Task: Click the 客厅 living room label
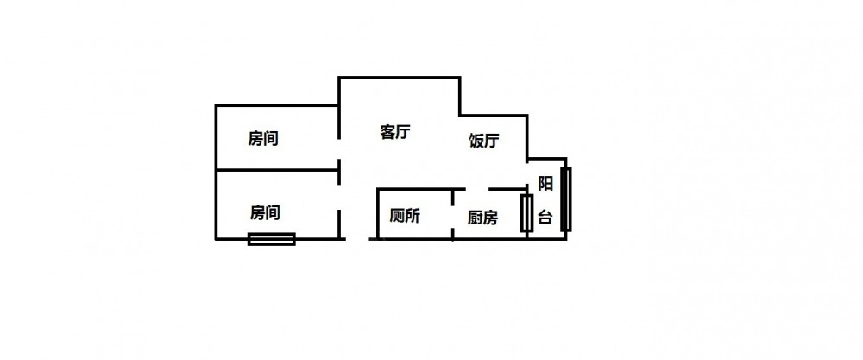[x=395, y=132]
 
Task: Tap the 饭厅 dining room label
[x=484, y=142]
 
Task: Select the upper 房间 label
[x=263, y=138]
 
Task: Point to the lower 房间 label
[x=265, y=212]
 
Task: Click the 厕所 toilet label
[x=405, y=217]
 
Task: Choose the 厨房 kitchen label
[x=482, y=218]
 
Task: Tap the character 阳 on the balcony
[x=545, y=184]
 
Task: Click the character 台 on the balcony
[x=545, y=218]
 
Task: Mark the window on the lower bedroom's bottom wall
[x=271, y=239]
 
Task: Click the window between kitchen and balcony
[x=526, y=213]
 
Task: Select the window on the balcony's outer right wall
[x=566, y=199]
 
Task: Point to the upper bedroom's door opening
[x=339, y=148]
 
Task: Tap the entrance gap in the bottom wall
[x=356, y=239]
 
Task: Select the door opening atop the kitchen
[x=477, y=189]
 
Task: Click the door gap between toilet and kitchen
[x=453, y=215]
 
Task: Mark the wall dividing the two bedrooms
[x=277, y=170]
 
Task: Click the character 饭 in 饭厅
[x=476, y=142]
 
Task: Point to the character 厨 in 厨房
[x=476, y=218]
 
